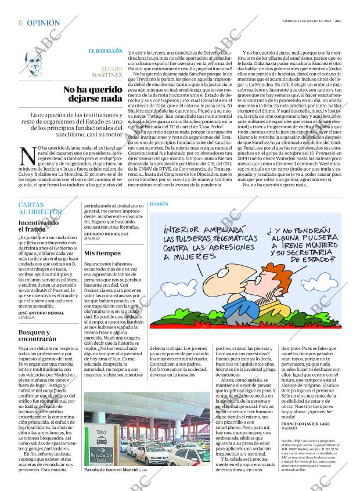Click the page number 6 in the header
20,23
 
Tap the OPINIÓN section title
43,23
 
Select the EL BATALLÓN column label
105,51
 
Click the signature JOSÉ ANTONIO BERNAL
41,313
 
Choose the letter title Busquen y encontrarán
37,335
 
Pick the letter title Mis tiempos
102,253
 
